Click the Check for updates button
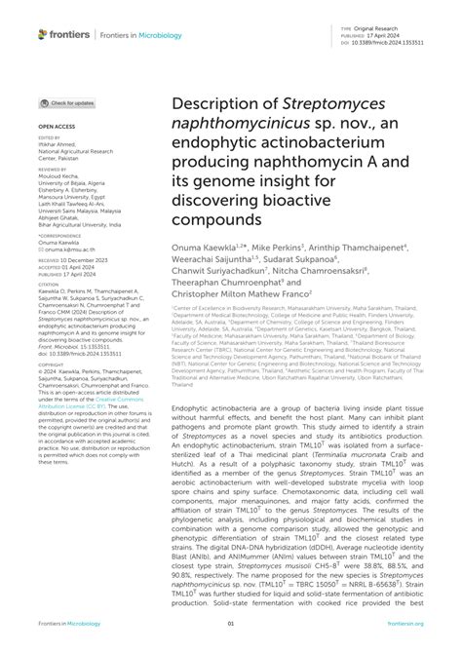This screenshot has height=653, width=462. click(x=68, y=102)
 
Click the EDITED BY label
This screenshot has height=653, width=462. click(x=49, y=138)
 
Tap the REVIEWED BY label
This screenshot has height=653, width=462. click(x=53, y=169)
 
